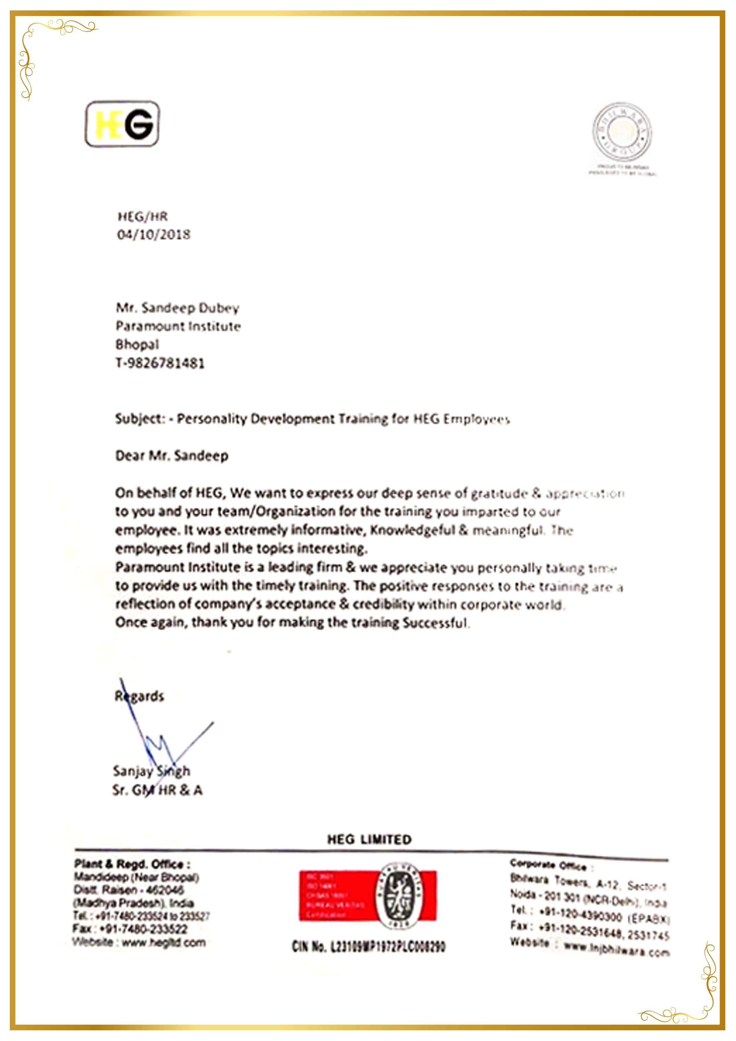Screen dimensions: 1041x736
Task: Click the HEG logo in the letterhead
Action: click(x=123, y=124)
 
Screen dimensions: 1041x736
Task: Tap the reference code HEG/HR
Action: click(x=142, y=216)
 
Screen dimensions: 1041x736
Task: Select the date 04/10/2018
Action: click(x=154, y=234)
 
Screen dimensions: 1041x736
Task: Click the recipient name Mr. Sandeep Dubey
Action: click(x=177, y=308)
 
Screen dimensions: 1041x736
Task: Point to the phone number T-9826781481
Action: click(x=160, y=363)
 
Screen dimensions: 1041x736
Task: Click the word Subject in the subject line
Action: click(x=139, y=418)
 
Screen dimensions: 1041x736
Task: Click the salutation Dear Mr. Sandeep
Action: click(x=172, y=456)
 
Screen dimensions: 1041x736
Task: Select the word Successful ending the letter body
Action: click(x=435, y=623)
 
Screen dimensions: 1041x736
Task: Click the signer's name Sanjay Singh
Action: click(x=151, y=771)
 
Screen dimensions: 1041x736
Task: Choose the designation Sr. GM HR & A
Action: click(x=157, y=790)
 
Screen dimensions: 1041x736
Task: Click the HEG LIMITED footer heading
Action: click(x=369, y=839)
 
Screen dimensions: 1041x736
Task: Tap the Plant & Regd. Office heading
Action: click(x=132, y=864)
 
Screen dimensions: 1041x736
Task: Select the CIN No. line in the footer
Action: click(x=369, y=947)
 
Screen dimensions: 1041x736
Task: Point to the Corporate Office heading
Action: click(x=548, y=865)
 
